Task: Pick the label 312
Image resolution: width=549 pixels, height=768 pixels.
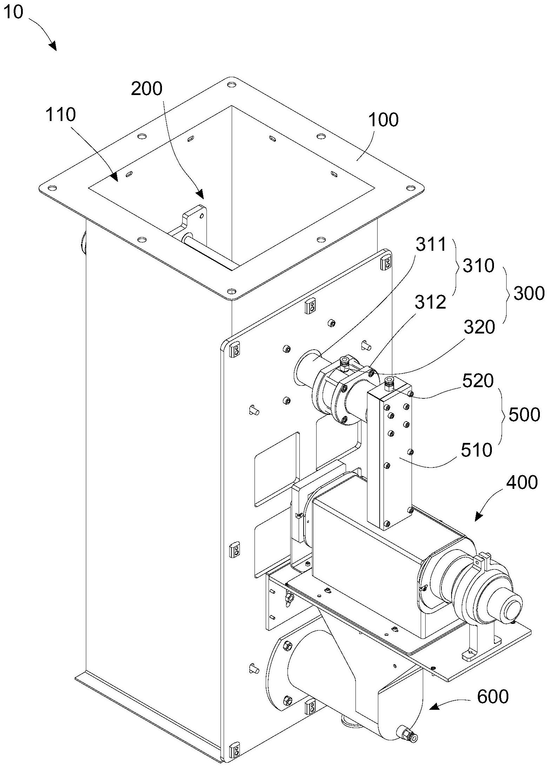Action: point(431,302)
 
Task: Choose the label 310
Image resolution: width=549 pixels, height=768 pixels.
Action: point(479,266)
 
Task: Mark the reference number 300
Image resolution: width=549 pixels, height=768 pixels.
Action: point(529,293)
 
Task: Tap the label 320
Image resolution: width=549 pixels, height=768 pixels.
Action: point(479,327)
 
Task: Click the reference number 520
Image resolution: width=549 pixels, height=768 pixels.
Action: point(478,380)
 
